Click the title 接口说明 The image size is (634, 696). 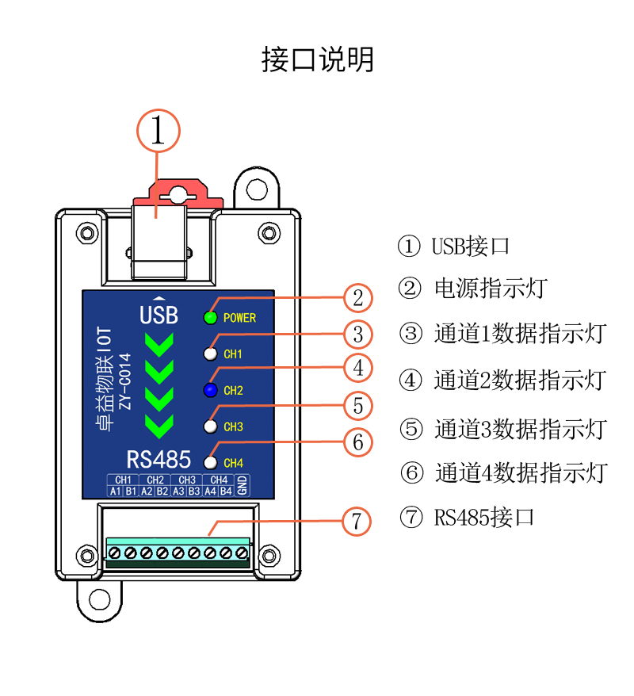tap(317, 59)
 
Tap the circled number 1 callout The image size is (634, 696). tap(158, 131)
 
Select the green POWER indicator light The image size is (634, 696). tap(210, 318)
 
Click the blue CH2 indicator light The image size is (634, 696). tap(210, 390)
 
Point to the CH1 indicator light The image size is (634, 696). tap(210, 354)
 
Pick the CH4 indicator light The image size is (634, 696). tap(210, 462)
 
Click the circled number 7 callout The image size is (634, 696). tap(357, 522)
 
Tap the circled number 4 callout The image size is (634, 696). tap(358, 369)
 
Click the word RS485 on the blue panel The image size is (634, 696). tap(158, 459)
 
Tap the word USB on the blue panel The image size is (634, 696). tap(158, 315)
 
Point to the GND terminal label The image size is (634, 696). tap(243, 485)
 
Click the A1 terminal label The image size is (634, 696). tap(115, 491)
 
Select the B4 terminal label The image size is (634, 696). tap(226, 491)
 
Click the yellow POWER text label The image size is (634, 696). tap(239, 318)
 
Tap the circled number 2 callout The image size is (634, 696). tap(358, 298)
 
